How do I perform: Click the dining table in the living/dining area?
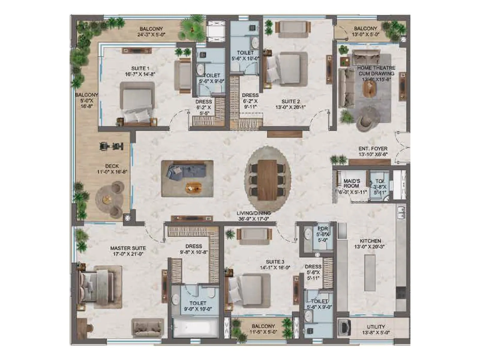267,179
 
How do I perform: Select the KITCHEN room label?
370,241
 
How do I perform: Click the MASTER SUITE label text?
128,248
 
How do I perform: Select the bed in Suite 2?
286,69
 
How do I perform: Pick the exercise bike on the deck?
111,146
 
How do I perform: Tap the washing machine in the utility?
344,327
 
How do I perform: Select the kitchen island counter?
370,273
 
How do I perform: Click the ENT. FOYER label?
373,149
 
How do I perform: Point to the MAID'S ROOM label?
352,183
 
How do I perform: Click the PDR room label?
323,229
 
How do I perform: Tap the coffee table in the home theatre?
369,89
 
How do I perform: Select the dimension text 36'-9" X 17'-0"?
253,219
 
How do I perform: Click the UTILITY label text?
376,327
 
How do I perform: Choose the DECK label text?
112,166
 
